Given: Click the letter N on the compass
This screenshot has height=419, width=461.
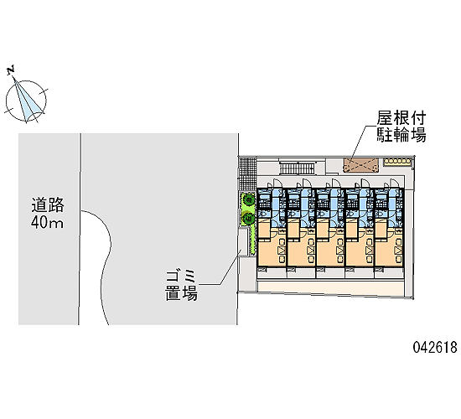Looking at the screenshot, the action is pos(11,70).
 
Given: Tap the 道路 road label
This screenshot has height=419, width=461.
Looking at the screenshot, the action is pos(48,205).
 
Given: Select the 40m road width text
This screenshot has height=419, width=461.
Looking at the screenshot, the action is pos(47,222).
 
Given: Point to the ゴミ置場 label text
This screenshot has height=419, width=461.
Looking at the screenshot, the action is pos(181,285).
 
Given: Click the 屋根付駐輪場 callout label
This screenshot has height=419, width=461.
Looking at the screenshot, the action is pos(401,127).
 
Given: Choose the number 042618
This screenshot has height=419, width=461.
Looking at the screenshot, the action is pos(435,347).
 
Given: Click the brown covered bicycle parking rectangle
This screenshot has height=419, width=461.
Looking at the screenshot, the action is pos(360,165).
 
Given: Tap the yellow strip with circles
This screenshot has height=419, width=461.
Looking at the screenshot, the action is pos(397,161).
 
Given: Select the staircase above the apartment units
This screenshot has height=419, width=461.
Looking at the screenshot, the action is pos(297,169).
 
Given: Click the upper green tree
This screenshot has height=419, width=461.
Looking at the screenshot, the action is pos(249,200).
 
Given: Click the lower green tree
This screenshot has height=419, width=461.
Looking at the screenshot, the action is pos(248,218).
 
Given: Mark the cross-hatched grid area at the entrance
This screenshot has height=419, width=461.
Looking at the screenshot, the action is pos(247,174).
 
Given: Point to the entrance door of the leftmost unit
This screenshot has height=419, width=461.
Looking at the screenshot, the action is pos(277,183).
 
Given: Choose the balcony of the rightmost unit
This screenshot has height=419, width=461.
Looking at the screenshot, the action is pos(389,272).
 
